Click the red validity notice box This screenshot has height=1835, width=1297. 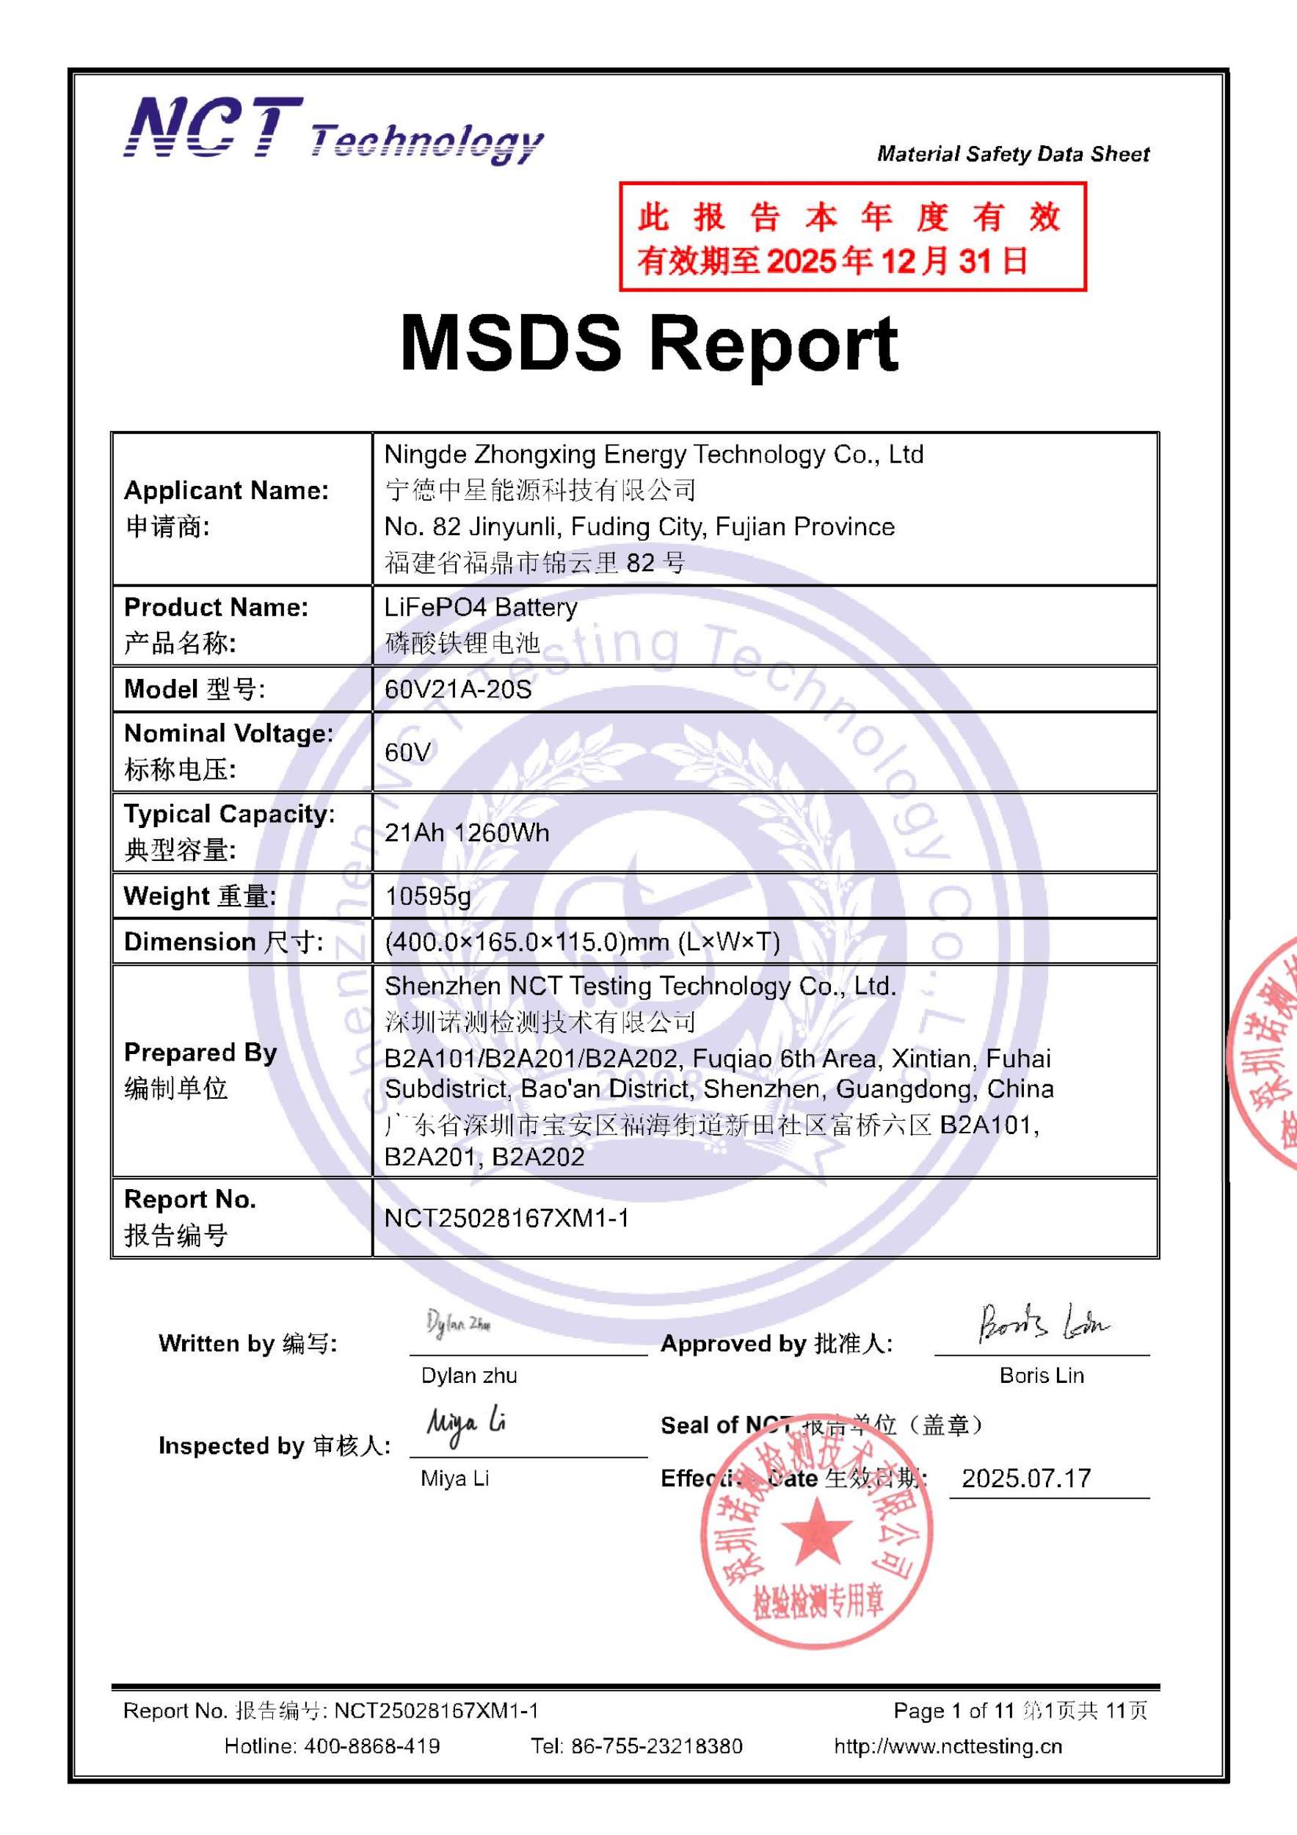click(x=852, y=236)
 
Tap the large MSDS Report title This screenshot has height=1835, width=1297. click(x=649, y=344)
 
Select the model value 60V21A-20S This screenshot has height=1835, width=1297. click(x=458, y=689)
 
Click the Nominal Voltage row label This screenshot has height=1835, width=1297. click(x=228, y=752)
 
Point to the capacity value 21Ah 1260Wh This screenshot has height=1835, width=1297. click(x=467, y=833)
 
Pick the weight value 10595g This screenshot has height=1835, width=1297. click(x=427, y=896)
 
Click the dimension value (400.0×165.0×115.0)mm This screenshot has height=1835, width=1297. click(x=582, y=942)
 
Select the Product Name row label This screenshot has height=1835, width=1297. click(x=216, y=625)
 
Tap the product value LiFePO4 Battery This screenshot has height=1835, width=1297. click(x=480, y=608)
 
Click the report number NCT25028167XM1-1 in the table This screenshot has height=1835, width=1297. click(x=506, y=1218)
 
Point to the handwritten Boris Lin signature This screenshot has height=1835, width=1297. click(x=1042, y=1323)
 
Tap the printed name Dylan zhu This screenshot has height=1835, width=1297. click(x=469, y=1376)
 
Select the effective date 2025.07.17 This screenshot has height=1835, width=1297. click(x=1026, y=1478)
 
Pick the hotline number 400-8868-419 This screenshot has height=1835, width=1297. click(x=371, y=1746)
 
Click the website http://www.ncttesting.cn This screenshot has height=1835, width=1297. click(x=948, y=1746)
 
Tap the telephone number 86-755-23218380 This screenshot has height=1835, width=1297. click(x=656, y=1746)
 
